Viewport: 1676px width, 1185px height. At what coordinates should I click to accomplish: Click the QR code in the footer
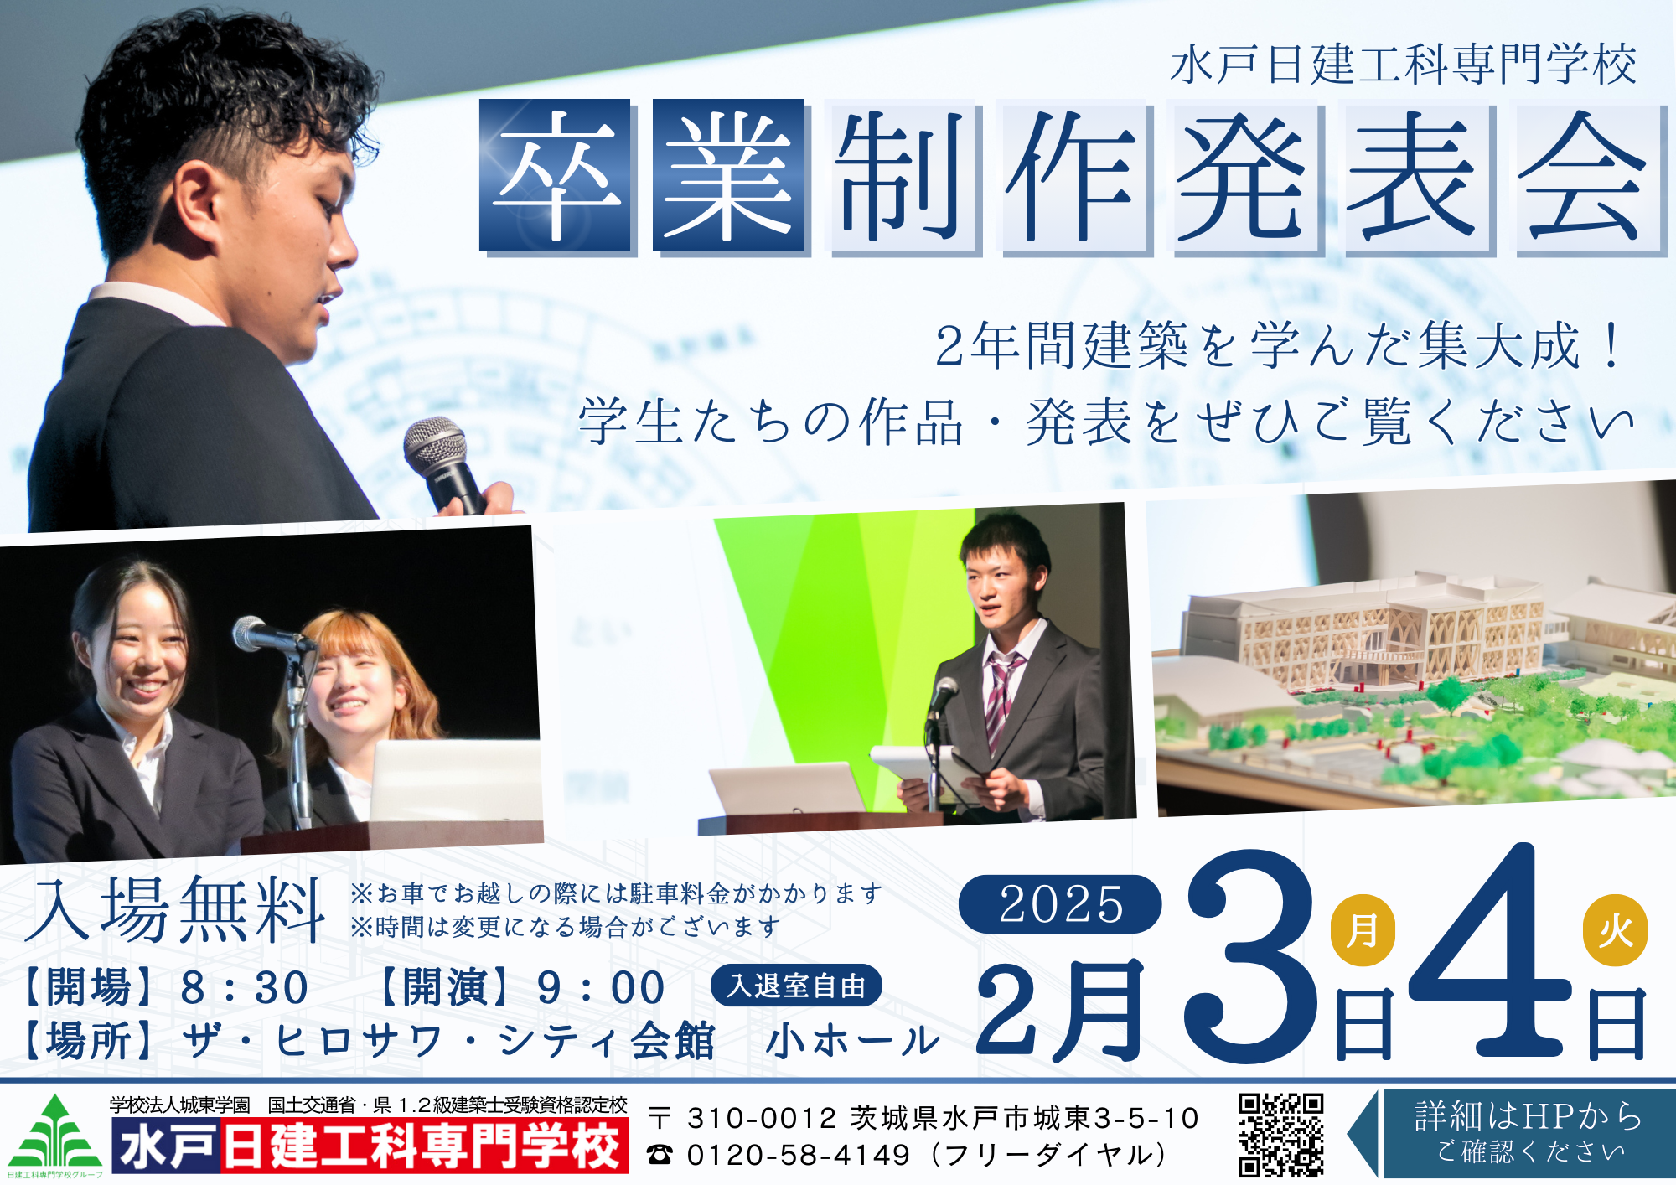pyautogui.click(x=1280, y=1134)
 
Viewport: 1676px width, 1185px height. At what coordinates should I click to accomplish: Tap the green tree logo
pyautogui.click(x=55, y=1132)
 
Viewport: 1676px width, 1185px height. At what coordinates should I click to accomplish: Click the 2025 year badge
pyautogui.click(x=1060, y=903)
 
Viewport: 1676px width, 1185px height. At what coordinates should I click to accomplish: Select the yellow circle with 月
pyautogui.click(x=1363, y=930)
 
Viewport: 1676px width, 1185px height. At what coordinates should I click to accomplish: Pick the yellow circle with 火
pyautogui.click(x=1615, y=930)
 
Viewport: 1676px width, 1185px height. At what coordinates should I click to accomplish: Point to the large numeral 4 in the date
pyautogui.click(x=1487, y=950)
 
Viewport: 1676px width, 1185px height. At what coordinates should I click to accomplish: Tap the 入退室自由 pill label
pyautogui.click(x=796, y=986)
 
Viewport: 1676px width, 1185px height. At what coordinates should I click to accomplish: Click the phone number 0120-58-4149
pyautogui.click(x=798, y=1155)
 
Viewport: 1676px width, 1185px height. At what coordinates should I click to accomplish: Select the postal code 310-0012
pyautogui.click(x=761, y=1118)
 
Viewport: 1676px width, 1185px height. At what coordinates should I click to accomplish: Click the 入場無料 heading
pyautogui.click(x=174, y=909)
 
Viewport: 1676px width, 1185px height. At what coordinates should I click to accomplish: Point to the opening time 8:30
pyautogui.click(x=244, y=987)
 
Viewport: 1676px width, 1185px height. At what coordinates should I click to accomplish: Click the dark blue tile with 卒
pyautogui.click(x=556, y=175)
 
